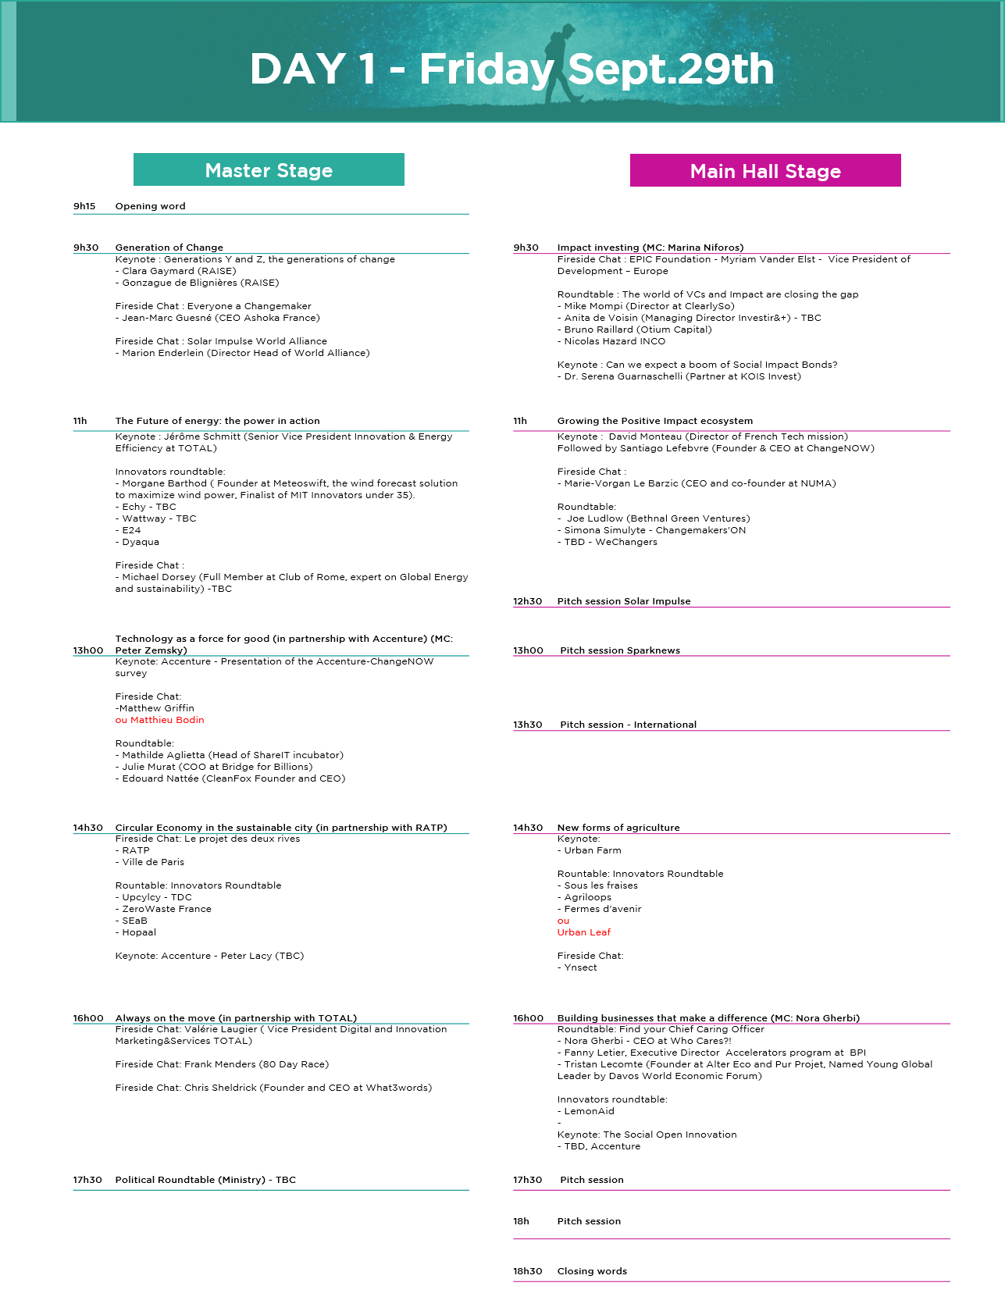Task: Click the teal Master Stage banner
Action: pos(269,169)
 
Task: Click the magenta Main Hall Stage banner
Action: pos(765,170)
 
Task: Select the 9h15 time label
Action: pos(84,206)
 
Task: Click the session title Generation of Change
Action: pos(169,248)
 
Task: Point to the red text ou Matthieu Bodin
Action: pos(160,720)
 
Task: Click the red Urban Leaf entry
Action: pos(584,932)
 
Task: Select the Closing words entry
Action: pos(592,1271)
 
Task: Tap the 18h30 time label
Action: pos(528,1271)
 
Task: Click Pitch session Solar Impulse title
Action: pos(624,601)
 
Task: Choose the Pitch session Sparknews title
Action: pos(620,650)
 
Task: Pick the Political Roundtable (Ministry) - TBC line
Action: pos(205,1180)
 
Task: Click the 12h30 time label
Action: pos(528,601)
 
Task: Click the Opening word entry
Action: pos(151,206)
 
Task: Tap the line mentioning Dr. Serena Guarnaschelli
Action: pos(679,376)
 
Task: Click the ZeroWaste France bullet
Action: pos(163,909)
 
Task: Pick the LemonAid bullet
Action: pos(586,1111)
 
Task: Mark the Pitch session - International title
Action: pos(629,725)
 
